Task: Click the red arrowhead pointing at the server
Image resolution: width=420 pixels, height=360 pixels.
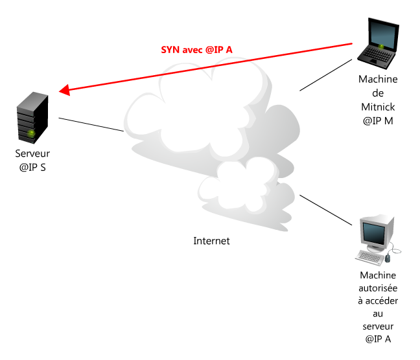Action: coord(64,90)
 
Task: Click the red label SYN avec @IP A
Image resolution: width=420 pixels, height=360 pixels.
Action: coord(196,50)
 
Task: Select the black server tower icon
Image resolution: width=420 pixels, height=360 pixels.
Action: coord(32,118)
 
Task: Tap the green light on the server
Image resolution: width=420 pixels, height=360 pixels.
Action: coord(31,133)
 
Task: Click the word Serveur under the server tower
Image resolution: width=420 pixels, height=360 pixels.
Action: coord(32,153)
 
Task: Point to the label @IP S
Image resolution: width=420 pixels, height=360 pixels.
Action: coord(32,168)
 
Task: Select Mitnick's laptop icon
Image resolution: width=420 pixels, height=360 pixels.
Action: coord(379,43)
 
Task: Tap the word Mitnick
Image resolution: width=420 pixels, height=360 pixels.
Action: coord(378,107)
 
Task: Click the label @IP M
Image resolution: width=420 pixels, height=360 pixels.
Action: coord(378,121)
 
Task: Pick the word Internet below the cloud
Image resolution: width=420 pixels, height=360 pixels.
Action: coord(211,241)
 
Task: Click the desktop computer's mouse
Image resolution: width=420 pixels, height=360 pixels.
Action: coord(388,258)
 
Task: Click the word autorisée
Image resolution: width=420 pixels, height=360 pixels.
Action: coord(378,288)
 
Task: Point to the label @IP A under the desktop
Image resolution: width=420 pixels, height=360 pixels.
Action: coord(378,339)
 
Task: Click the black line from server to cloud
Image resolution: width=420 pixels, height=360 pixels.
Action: coord(91,124)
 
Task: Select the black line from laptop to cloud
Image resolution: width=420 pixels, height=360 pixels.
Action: coord(326,75)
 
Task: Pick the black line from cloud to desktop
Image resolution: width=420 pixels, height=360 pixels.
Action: coord(326,210)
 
